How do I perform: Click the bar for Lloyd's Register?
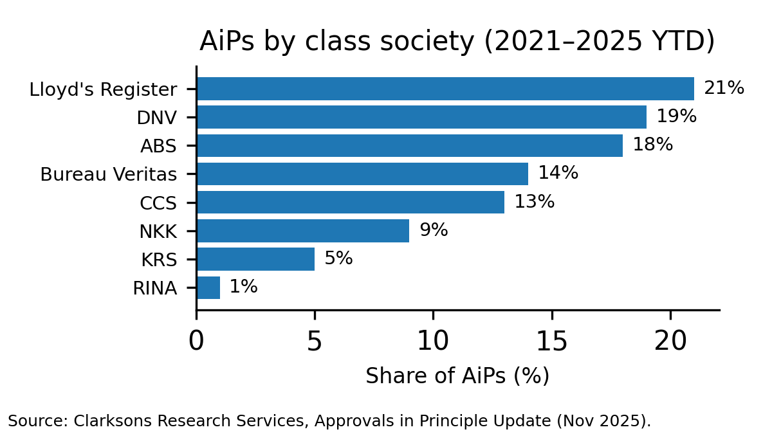[445, 89]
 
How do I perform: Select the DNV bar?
[421, 117]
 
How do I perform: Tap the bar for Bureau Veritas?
[362, 174]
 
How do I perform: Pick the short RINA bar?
[208, 287]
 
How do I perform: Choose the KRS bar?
[255, 259]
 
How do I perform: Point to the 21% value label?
[724, 88]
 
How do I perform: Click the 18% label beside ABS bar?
[652, 145]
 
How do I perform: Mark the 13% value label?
[534, 202]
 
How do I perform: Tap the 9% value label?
[433, 230]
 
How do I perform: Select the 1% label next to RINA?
[243, 287]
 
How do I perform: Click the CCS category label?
[158, 203]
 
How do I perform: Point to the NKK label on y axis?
[158, 231]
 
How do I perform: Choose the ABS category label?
[158, 146]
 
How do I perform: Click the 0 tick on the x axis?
[196, 341]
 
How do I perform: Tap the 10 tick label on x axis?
[433, 341]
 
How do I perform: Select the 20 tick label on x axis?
[670, 341]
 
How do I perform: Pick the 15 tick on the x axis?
[552, 341]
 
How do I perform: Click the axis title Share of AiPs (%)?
[457, 376]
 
